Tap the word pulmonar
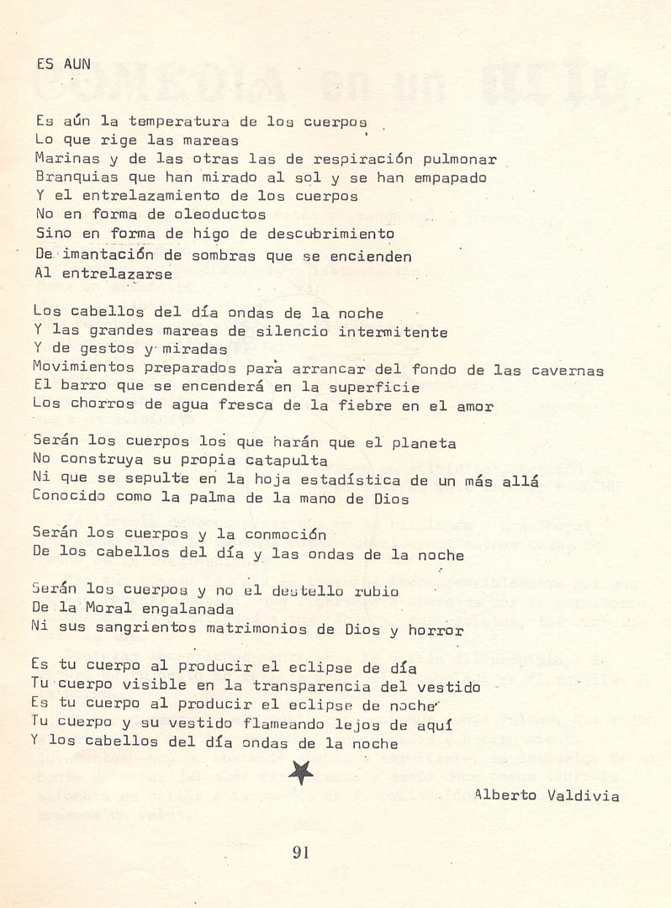click(463, 159)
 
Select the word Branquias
click(71, 177)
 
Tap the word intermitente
click(393, 332)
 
